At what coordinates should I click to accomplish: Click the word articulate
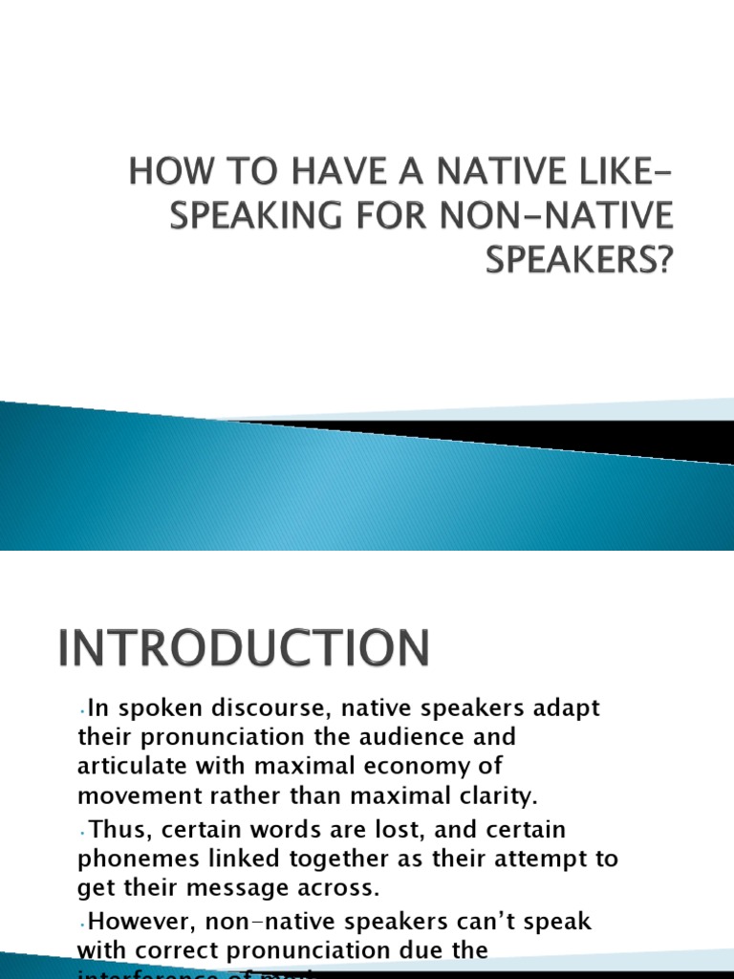(x=130, y=767)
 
